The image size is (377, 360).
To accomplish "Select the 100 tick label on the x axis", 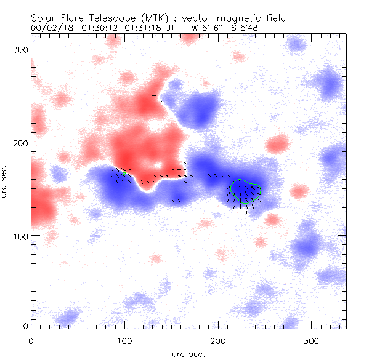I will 124,340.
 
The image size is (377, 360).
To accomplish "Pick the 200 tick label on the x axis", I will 218,340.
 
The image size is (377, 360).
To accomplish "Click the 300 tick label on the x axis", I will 312,340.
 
